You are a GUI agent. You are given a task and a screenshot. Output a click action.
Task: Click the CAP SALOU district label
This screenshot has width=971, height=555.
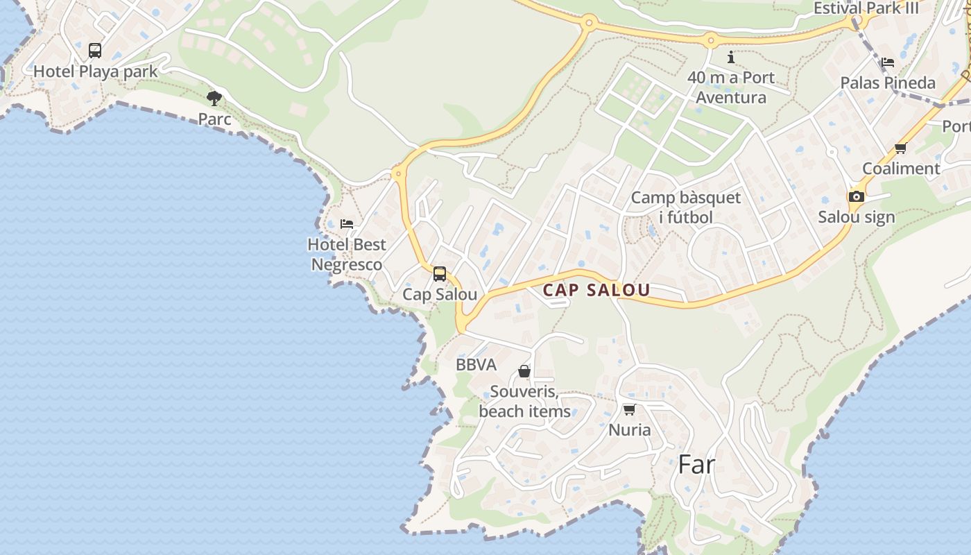(x=596, y=290)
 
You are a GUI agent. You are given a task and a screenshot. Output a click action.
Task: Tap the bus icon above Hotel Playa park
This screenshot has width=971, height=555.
(x=95, y=51)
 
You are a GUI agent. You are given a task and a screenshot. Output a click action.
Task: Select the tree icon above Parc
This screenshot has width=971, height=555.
(x=214, y=98)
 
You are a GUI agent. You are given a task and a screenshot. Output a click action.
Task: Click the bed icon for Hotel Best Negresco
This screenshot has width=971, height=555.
(x=347, y=223)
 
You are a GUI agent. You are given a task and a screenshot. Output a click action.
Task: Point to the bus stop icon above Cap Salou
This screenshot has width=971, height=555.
(x=440, y=274)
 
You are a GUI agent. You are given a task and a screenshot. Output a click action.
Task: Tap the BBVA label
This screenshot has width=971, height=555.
(x=476, y=365)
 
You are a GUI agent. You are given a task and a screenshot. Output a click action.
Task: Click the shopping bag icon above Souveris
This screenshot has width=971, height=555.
(x=524, y=372)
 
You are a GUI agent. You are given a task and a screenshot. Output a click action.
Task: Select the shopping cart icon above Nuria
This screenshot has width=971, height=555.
(x=629, y=409)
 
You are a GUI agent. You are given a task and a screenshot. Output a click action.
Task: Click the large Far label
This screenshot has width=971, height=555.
(x=696, y=465)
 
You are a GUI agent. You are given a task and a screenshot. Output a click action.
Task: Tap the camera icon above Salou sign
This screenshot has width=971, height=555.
(x=857, y=196)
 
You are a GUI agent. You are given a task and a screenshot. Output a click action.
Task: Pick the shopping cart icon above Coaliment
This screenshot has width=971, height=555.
(x=901, y=148)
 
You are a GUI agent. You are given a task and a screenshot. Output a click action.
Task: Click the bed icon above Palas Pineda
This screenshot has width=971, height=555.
(x=888, y=62)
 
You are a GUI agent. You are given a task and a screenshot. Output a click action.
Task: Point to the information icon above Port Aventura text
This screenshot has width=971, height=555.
(x=730, y=57)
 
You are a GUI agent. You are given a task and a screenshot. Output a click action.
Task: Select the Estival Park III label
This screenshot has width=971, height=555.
(x=866, y=8)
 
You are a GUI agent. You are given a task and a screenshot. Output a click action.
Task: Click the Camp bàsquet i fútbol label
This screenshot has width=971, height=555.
(x=686, y=207)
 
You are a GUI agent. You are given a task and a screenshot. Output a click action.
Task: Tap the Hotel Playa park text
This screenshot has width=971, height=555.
(x=96, y=71)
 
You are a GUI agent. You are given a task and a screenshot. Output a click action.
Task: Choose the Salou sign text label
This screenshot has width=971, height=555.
(x=857, y=217)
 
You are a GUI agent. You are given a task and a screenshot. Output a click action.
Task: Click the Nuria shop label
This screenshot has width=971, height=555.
(x=630, y=430)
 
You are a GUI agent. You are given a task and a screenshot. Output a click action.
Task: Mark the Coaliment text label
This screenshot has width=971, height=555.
(x=901, y=169)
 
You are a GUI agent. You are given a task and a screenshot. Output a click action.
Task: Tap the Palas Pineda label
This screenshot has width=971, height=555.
(x=888, y=83)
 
